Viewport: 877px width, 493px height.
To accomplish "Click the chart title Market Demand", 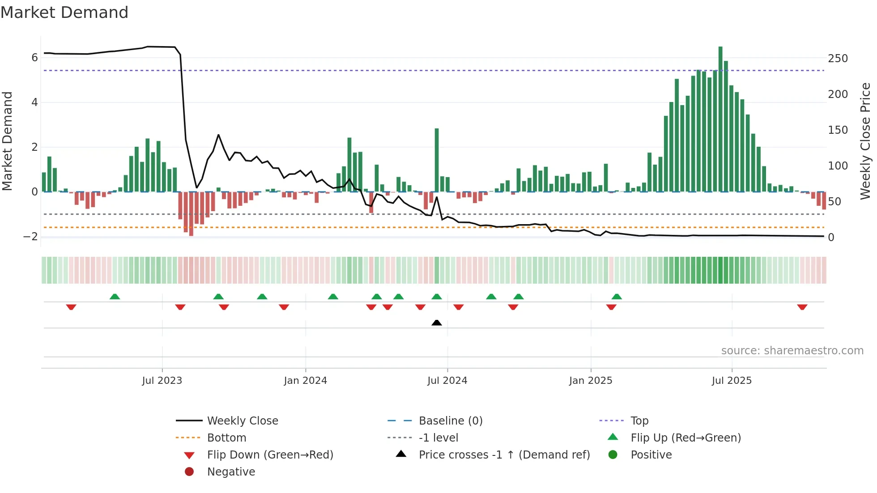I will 64,13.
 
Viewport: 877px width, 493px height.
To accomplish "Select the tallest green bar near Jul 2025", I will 720,119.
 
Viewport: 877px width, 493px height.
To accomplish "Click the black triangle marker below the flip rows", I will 437,323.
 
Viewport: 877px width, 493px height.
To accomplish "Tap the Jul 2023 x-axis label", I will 162,381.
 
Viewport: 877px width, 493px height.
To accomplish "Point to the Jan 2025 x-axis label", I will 591,381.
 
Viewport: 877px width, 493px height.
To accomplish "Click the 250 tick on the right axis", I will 838,59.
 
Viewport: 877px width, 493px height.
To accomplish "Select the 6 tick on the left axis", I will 34,57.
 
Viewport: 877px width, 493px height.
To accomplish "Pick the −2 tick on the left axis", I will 31,237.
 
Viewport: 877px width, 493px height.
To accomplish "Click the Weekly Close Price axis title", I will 865,141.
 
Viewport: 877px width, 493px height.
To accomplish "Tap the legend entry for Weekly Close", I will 242,421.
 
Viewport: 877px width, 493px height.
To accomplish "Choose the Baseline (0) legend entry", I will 450,421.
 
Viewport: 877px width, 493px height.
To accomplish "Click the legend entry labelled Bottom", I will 226,438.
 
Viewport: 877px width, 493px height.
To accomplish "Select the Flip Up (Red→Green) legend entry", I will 685,438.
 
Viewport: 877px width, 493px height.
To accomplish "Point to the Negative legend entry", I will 231,472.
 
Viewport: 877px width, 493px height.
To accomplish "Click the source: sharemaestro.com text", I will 792,351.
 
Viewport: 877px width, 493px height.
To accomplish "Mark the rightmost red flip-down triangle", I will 802,307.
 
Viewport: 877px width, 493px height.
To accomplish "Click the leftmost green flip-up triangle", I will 115,297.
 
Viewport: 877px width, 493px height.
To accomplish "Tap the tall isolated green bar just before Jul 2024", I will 437,160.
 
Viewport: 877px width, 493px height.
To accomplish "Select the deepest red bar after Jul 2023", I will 191,214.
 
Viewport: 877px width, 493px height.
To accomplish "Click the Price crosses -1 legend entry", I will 504,455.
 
